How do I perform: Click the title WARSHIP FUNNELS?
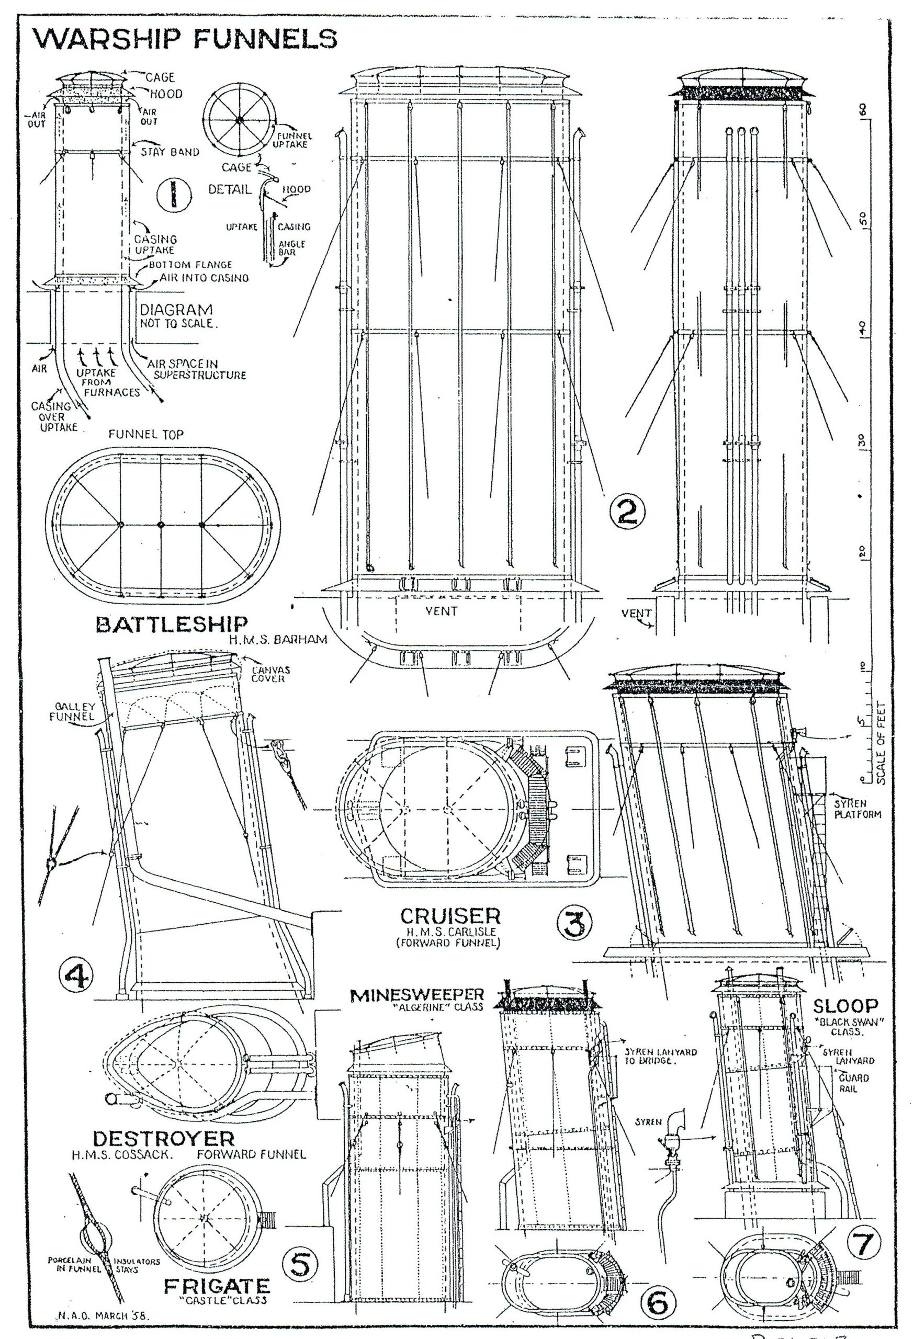coord(184,40)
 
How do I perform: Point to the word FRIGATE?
coord(217,1287)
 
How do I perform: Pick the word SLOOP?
coord(845,1006)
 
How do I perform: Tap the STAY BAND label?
coord(170,152)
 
